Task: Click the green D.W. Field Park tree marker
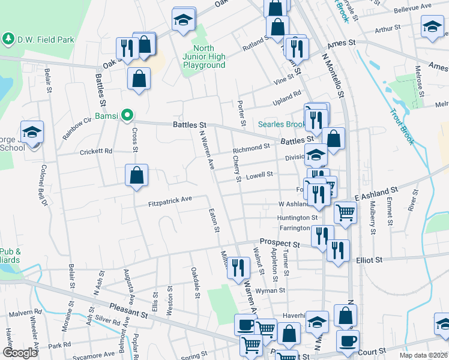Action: coord(8,40)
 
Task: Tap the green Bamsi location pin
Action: coord(127,114)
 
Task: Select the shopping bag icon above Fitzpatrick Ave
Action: coord(137,176)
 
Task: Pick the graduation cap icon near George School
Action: coord(32,133)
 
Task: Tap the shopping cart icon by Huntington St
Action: coord(345,212)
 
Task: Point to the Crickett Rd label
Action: coord(96,152)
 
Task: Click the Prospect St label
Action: coord(279,244)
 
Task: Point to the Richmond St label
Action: coord(251,148)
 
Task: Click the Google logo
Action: coord(20,353)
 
